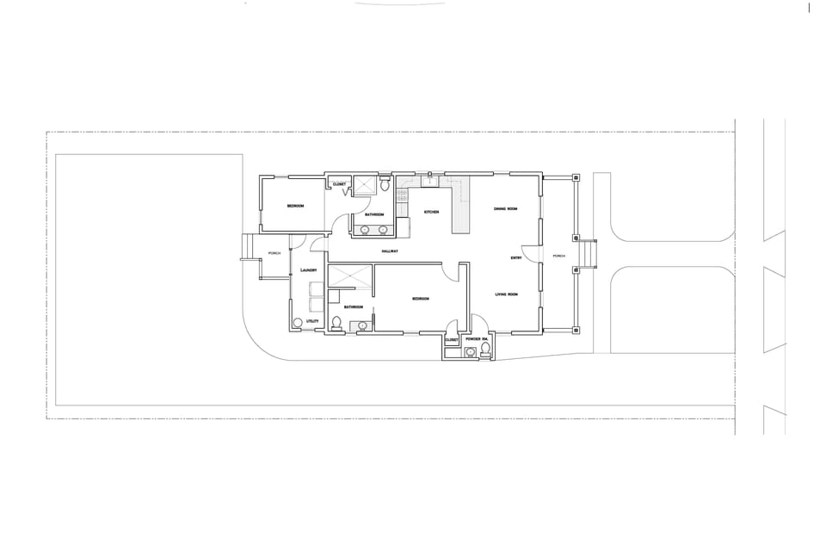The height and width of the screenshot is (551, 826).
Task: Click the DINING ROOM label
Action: (505, 209)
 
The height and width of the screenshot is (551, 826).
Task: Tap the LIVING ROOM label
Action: (506, 295)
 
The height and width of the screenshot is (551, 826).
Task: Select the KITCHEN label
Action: (431, 212)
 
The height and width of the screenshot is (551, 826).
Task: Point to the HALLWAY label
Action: (394, 251)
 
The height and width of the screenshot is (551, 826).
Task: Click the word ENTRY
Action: (516, 258)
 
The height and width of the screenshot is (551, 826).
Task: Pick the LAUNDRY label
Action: (310, 270)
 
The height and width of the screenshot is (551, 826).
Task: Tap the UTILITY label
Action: (312, 321)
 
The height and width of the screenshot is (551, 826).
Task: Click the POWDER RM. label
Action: (478, 340)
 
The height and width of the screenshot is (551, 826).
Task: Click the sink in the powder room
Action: (470, 352)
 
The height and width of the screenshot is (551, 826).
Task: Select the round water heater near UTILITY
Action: (299, 323)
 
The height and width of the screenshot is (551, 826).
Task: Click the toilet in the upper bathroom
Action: (385, 185)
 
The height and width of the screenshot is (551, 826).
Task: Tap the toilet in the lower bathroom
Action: (336, 324)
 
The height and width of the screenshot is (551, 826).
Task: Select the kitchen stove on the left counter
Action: (401, 196)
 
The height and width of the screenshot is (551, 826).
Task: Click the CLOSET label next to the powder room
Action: (453, 340)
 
